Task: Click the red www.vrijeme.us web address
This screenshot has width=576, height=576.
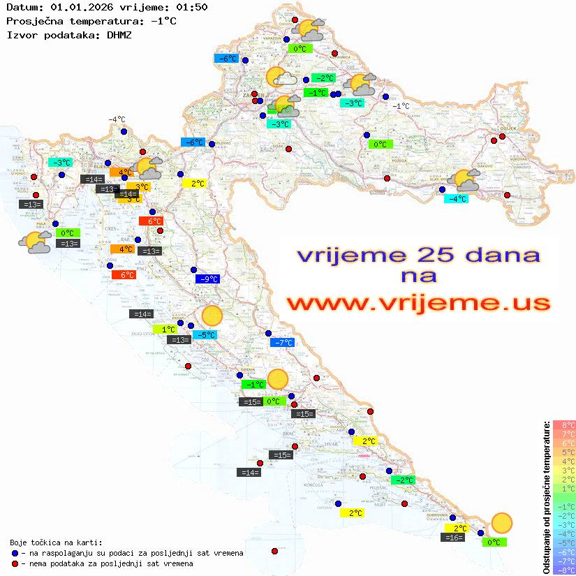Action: tap(418, 302)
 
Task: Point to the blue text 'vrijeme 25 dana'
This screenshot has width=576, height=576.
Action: tap(418, 255)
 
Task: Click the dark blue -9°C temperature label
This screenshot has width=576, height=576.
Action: tap(208, 279)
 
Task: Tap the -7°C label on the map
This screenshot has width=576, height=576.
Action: tap(283, 343)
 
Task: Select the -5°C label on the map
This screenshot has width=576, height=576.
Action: tap(206, 335)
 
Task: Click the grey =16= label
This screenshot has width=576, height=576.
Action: tap(453, 538)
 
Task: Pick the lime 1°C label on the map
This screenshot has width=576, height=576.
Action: tap(168, 329)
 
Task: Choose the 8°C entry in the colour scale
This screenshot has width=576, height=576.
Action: tap(564, 425)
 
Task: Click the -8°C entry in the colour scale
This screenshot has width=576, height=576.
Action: tap(564, 570)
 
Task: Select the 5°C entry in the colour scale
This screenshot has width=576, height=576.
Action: tap(564, 452)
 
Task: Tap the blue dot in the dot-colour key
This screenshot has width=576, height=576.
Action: tap(15, 553)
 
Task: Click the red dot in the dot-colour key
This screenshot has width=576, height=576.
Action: tap(15, 563)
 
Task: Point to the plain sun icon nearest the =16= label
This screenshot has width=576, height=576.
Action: tap(501, 522)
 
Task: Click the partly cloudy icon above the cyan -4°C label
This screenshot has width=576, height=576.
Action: tap(466, 180)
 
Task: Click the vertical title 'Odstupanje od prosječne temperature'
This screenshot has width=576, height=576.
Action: tap(547, 496)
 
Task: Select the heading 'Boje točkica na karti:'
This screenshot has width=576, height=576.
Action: tap(56, 542)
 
